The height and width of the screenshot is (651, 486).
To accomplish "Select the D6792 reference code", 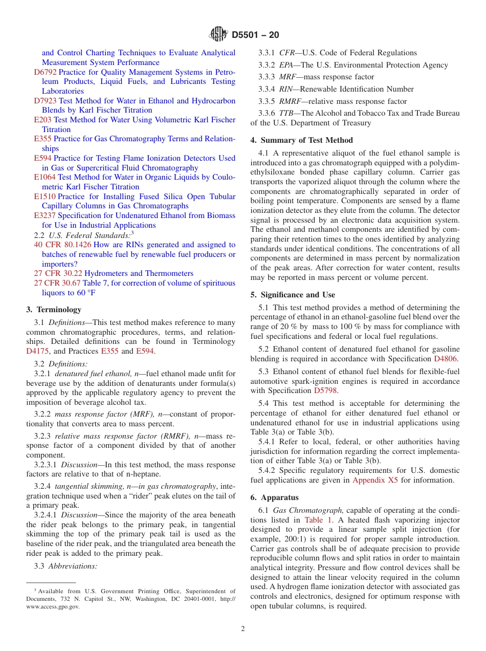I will tap(46, 72).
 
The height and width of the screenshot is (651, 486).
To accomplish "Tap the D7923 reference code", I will tap(46, 101).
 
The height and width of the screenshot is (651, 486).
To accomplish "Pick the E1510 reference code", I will tap(45, 197).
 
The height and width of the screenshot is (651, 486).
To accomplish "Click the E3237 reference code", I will tap(45, 215).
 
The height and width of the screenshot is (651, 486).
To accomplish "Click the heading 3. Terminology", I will tap(54, 310).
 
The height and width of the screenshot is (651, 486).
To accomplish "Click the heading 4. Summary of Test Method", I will tap(301, 140).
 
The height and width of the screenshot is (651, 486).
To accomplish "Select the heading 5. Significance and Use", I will tap(293, 295).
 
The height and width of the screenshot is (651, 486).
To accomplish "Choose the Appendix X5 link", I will tap(375, 480).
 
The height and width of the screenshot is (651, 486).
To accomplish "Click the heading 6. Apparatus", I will tap(274, 497).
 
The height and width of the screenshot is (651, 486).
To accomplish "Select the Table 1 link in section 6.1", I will tap(318, 520).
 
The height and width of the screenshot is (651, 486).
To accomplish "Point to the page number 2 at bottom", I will tap(243, 629).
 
